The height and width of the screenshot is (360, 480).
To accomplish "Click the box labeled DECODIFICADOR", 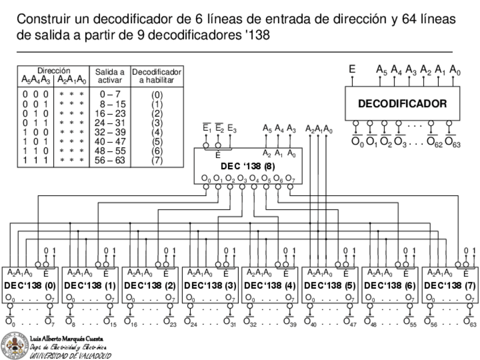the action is pyautogui.click(x=402, y=104).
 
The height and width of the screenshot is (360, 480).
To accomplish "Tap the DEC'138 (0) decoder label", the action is pyautogui.click(x=30, y=285).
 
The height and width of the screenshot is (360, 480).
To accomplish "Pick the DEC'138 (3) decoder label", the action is pyautogui.click(x=210, y=285).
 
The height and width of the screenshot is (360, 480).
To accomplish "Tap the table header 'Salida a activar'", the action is pyautogui.click(x=109, y=76).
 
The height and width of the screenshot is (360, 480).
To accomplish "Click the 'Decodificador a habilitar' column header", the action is pyautogui.click(x=157, y=76).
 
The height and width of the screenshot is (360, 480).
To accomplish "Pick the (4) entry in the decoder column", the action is pyautogui.click(x=157, y=132).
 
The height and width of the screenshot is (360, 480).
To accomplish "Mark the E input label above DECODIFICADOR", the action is pyautogui.click(x=352, y=69).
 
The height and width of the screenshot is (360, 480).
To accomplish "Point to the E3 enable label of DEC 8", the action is pyautogui.click(x=232, y=130).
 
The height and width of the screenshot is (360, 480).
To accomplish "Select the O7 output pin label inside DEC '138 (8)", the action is pyautogui.click(x=290, y=179).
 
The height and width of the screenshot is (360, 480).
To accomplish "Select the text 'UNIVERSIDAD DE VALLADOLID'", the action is pyautogui.click(x=70, y=355).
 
